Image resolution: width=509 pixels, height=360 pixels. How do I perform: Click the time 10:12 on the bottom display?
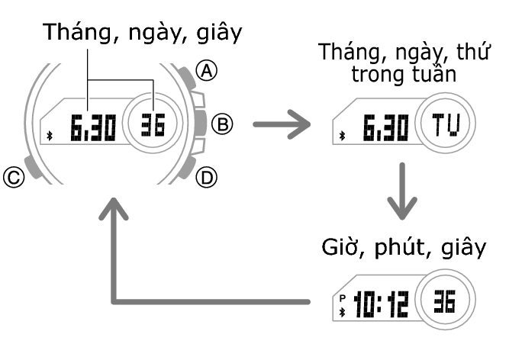point(381,304)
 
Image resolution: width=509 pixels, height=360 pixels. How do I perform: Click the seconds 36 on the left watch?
point(154,124)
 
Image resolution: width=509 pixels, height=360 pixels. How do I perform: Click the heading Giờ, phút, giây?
point(401,249)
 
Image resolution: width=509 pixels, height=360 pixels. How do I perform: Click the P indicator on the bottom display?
point(343,298)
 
